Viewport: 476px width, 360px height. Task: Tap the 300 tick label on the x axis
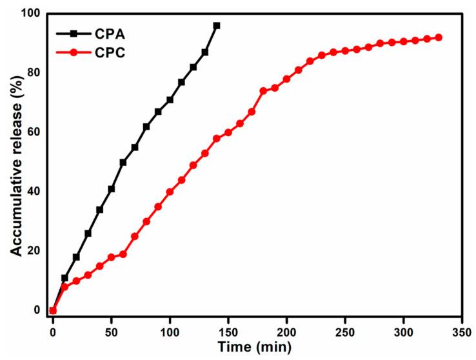point(404,330)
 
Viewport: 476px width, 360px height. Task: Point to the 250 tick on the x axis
point(345,330)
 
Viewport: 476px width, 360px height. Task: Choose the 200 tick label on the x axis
point(286,330)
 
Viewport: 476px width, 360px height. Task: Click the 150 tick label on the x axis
point(228,330)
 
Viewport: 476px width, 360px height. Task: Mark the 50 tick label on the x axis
point(112,330)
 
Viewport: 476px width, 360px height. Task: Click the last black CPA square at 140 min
point(217,26)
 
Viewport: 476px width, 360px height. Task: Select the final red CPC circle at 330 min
point(439,37)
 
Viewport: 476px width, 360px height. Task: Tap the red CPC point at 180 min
point(263,91)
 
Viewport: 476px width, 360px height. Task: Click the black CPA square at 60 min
point(123,162)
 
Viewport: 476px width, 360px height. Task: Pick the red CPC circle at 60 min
point(123,254)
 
